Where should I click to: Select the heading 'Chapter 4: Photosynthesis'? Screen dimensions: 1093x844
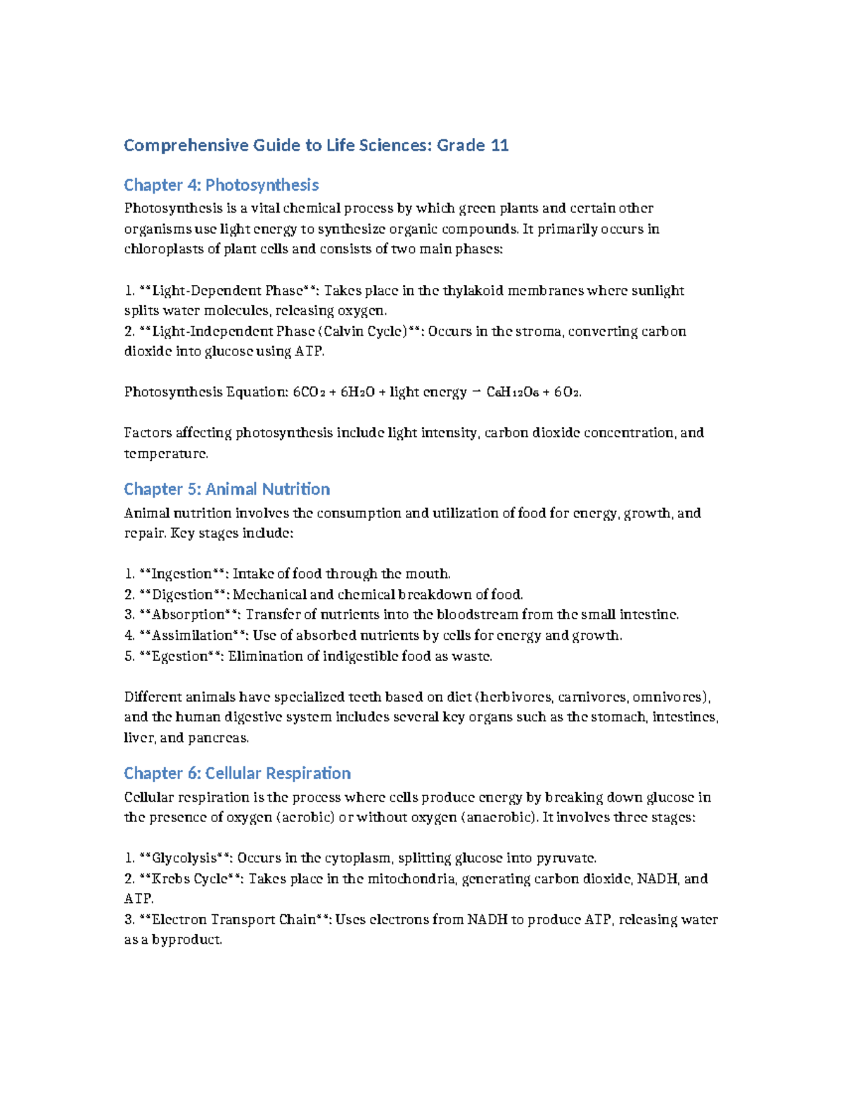tap(221, 185)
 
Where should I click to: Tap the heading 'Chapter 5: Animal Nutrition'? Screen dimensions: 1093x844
tap(226, 489)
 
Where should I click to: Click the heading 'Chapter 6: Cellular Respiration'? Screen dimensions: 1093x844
tap(237, 773)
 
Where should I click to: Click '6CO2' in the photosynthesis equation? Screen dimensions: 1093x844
tap(308, 392)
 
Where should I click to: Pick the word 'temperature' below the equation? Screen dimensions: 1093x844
tap(165, 454)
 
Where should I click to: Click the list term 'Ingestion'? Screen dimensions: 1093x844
tap(182, 574)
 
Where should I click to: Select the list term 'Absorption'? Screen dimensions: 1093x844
tap(188, 615)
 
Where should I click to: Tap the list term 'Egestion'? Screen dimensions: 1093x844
tap(180, 657)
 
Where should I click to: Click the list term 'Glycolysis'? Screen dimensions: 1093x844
tap(184, 858)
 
